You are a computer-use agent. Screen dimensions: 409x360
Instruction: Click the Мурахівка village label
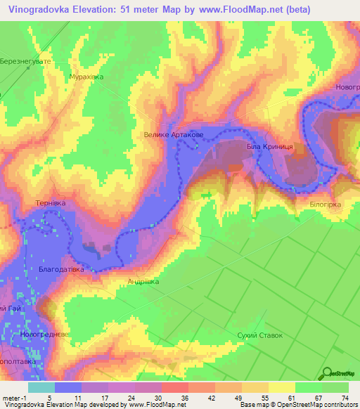[x=86, y=77]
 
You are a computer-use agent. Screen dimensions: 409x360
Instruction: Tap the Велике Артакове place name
[x=174, y=135]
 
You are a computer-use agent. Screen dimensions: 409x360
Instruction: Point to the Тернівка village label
[x=50, y=203]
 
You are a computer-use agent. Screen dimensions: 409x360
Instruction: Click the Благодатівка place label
[x=62, y=269]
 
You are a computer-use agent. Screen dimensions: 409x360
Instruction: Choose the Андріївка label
[x=143, y=282]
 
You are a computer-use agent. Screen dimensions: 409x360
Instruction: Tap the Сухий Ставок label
[x=259, y=335]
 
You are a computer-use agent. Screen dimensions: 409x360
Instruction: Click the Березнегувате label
[x=27, y=61]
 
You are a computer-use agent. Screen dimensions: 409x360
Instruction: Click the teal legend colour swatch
[x=41, y=387]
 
